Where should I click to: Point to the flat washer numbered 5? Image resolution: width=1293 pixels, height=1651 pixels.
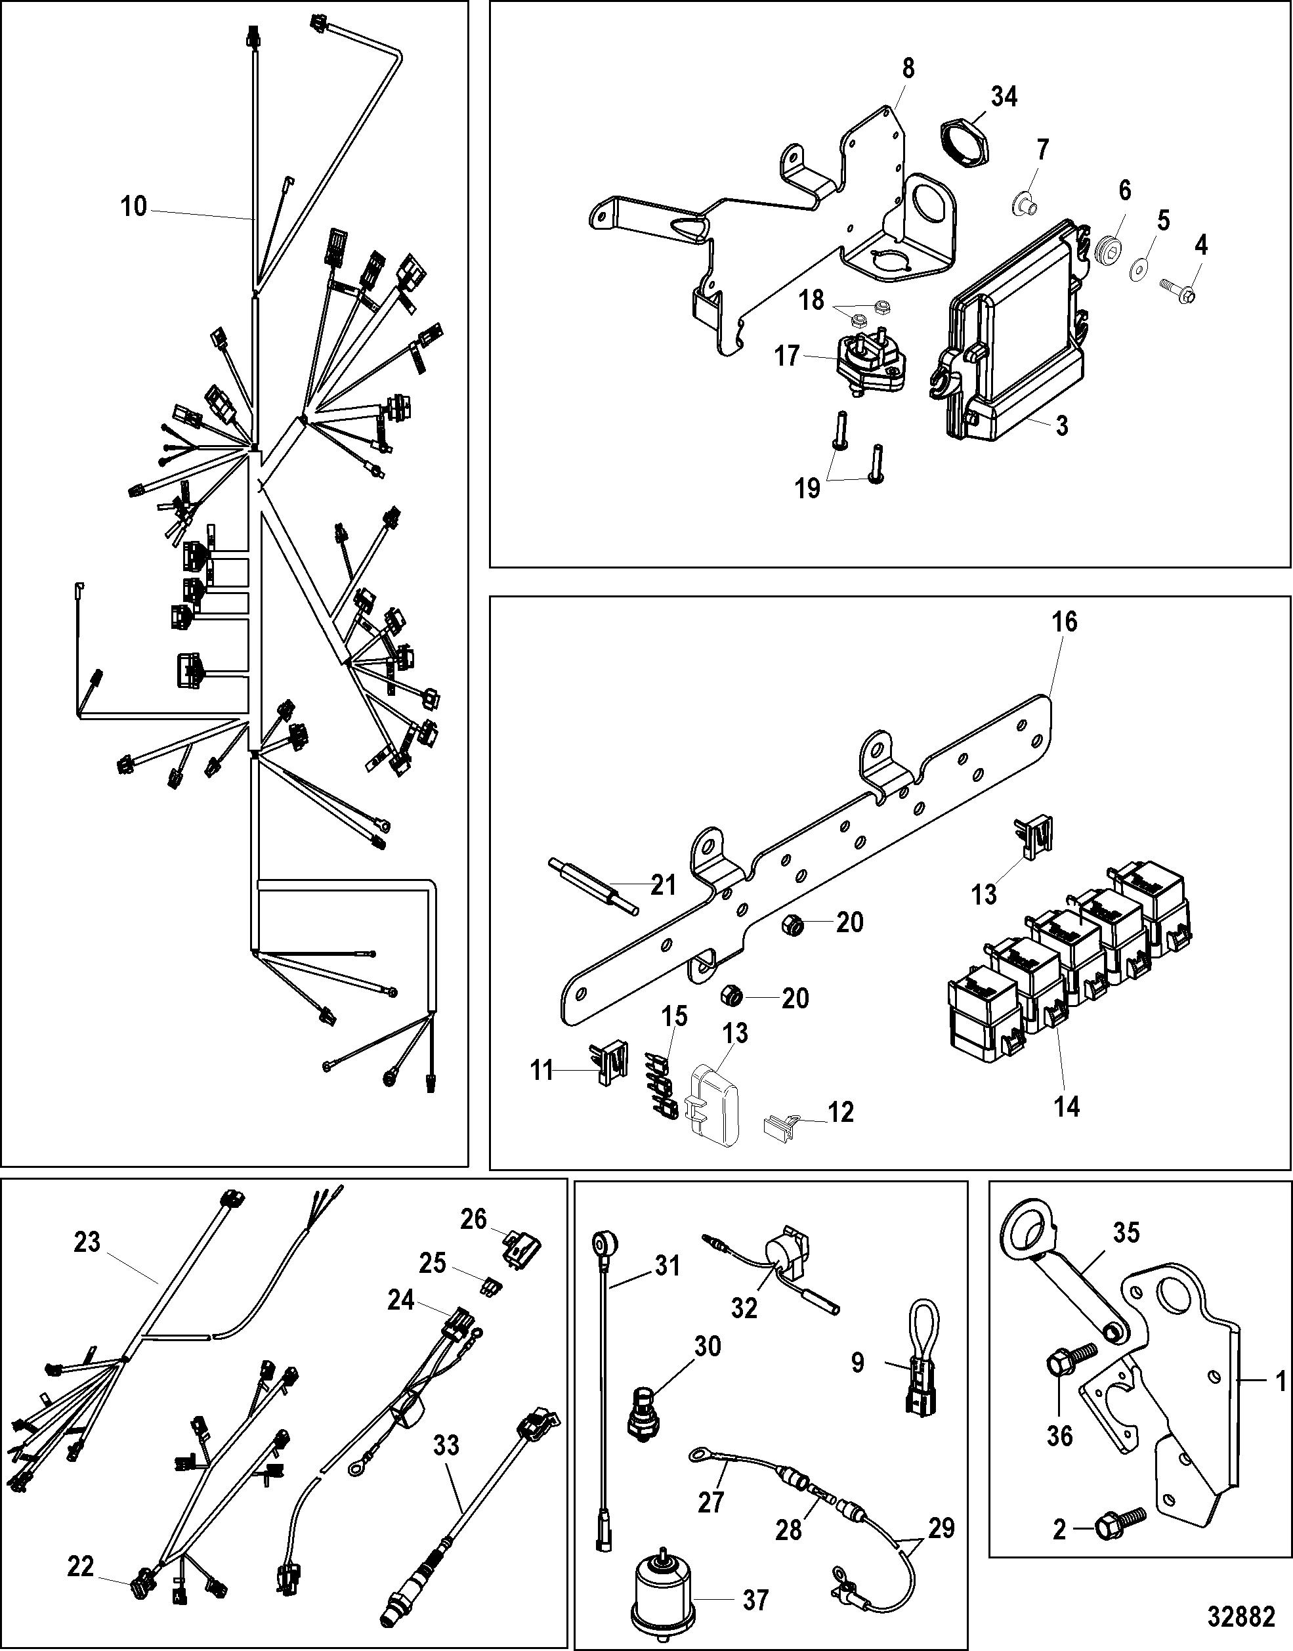1141,267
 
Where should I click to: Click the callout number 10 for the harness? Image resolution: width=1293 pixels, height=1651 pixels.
134,206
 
